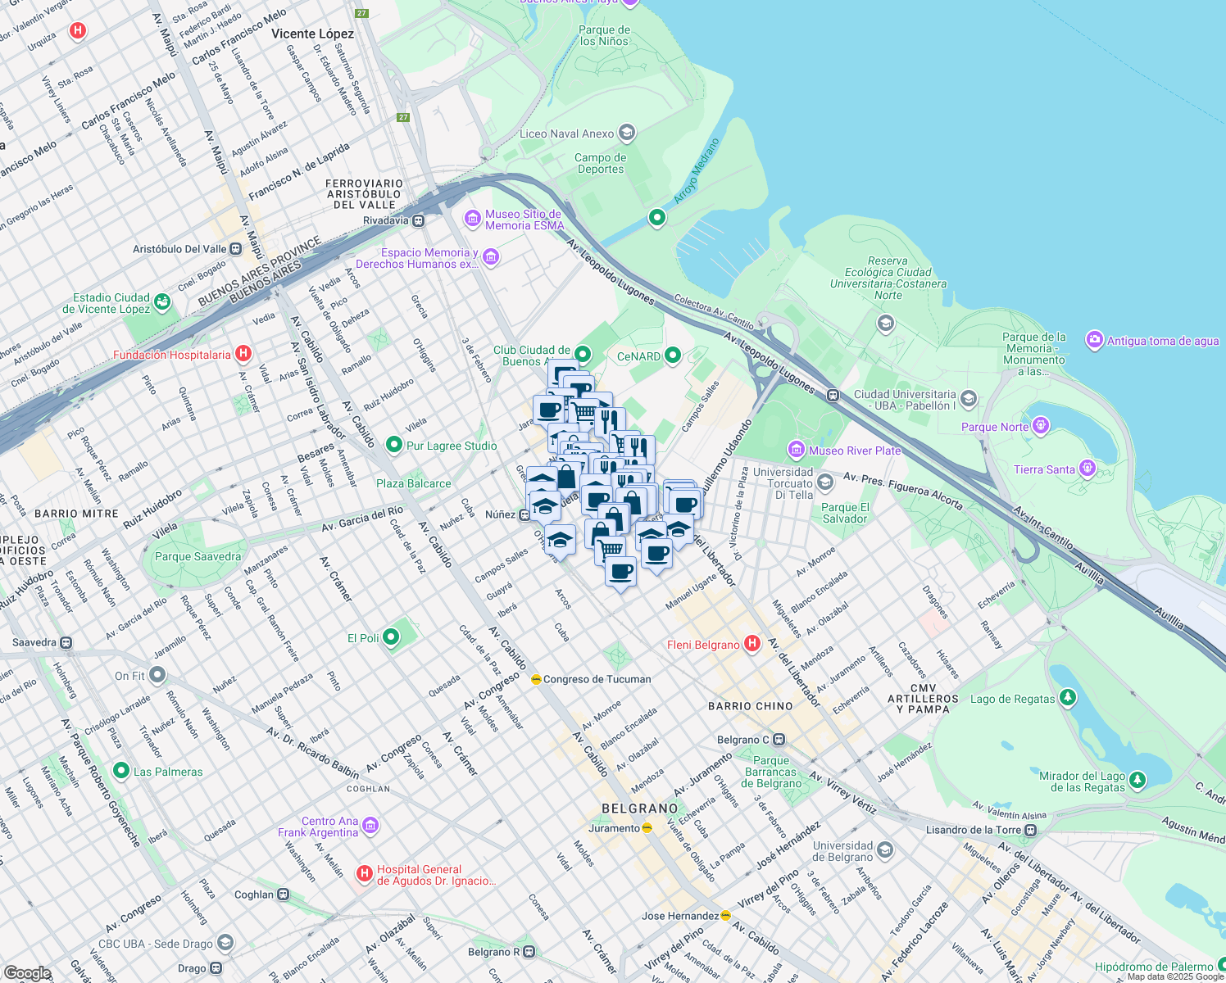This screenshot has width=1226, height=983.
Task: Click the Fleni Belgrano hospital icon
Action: coord(752,645)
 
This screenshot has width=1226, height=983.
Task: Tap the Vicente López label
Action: coord(312,34)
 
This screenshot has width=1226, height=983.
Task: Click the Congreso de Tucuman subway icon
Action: coord(536,679)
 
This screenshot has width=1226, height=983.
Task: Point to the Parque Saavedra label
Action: coord(198,556)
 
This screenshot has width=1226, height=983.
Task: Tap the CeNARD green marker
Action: coord(673,356)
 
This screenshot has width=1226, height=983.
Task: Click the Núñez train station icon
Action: coord(524,514)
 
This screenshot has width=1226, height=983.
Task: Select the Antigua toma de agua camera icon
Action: coord(1094,340)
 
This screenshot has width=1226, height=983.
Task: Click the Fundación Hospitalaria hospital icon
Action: coord(243,354)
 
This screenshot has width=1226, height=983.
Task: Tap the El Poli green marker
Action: coord(392,637)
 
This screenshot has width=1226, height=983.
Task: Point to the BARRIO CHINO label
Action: coord(750,705)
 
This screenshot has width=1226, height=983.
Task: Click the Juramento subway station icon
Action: coord(647,827)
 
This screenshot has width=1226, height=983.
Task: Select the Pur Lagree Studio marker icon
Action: coord(394,445)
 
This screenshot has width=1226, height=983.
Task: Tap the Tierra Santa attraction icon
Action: coord(1088,469)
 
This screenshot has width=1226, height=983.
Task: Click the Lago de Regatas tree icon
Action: coord(1067,698)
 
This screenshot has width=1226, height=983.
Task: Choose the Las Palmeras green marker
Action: coord(121,771)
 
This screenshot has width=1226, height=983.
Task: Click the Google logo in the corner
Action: coord(27,972)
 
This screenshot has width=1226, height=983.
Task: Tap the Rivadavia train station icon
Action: coord(419,220)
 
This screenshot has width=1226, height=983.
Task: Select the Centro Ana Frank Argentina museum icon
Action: coord(370,826)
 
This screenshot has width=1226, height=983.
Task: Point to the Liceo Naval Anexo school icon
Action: coord(627,133)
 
